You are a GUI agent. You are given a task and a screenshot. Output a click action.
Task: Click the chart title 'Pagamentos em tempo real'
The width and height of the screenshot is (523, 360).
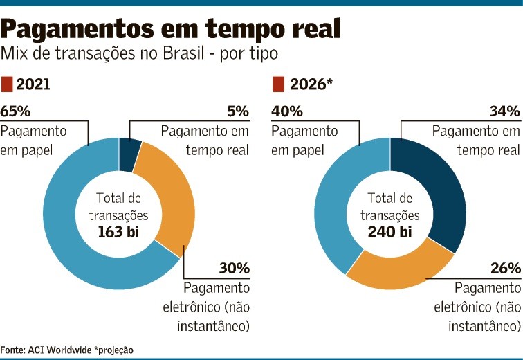[x=171, y=28]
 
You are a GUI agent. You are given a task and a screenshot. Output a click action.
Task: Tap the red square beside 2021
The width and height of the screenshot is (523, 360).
[x=7, y=84]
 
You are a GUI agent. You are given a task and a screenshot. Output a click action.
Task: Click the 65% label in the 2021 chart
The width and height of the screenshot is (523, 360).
[x=16, y=111]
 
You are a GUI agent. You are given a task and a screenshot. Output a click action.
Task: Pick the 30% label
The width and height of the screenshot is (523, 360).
[x=233, y=268]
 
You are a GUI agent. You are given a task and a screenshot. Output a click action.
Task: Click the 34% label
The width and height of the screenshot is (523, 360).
[x=504, y=111]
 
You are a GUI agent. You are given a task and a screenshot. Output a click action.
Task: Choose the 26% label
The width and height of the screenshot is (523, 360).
[x=504, y=268]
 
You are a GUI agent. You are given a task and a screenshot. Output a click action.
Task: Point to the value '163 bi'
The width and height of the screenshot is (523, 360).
[x=118, y=232]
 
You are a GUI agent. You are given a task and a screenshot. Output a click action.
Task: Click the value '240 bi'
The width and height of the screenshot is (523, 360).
[x=390, y=232]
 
